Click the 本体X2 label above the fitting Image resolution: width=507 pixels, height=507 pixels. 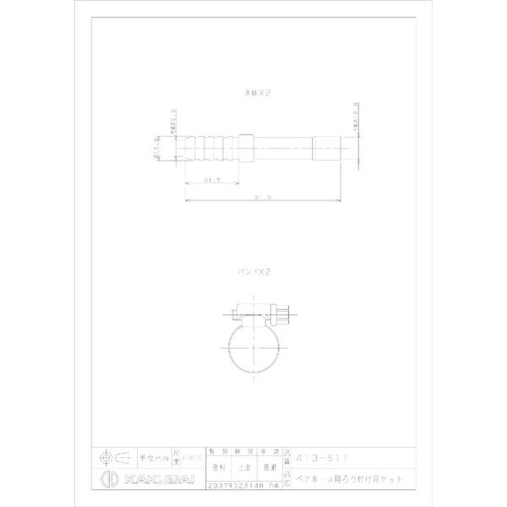(x=258, y=92)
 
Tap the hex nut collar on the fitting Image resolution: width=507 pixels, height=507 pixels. (x=247, y=148)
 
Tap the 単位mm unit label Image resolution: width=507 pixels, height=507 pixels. (x=153, y=457)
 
